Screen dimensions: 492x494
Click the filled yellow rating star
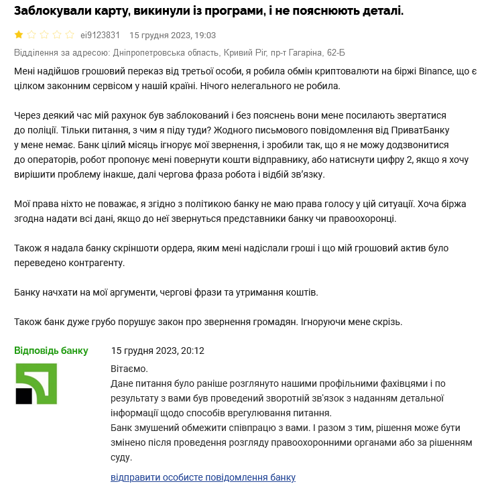pos(19,35)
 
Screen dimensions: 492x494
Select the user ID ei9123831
pos(100,36)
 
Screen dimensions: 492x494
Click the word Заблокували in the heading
pos(55,11)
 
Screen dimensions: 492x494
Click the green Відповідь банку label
pos(51,351)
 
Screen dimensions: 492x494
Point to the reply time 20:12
pos(192,351)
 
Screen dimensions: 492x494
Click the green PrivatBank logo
pos(36,384)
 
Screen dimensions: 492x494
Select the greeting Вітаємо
pos(129,369)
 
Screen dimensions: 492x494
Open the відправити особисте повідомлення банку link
pos(203,477)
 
